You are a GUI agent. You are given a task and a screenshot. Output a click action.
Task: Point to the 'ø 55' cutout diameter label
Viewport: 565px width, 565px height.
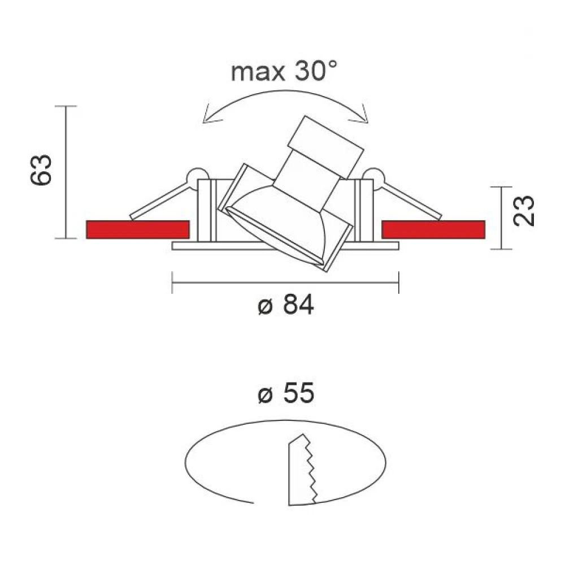tap(285, 394)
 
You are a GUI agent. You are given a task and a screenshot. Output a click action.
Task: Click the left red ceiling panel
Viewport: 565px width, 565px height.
tap(137, 229)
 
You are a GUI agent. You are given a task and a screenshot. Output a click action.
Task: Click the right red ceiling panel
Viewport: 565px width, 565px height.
tap(433, 229)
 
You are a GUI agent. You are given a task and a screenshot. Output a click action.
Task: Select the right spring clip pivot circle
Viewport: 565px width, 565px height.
tap(373, 176)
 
